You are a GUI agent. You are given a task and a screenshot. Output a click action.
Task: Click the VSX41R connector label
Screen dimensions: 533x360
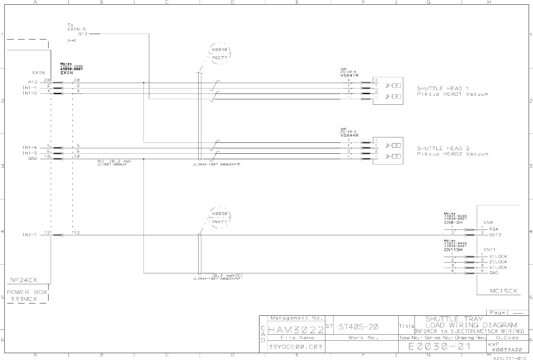click(349, 75)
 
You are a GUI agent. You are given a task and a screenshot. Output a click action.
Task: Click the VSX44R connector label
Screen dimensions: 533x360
click(349, 135)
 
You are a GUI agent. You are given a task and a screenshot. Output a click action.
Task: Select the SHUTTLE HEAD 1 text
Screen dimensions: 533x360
click(443, 88)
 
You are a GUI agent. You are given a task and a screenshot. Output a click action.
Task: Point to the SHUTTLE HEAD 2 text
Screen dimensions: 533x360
click(443, 148)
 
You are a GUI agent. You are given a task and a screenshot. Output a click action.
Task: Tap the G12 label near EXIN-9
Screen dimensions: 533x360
click(83, 34)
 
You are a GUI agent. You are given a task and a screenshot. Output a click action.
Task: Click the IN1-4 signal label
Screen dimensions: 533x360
click(30, 148)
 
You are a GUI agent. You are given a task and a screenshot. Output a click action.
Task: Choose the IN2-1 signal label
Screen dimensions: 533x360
click(30, 235)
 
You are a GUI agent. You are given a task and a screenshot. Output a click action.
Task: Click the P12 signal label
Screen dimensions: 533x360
click(33, 82)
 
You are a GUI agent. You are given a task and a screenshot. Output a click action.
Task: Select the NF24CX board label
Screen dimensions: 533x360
click(23, 280)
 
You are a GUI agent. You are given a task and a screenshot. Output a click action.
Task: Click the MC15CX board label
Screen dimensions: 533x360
click(503, 291)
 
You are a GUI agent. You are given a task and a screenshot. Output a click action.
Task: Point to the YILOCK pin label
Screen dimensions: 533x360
click(498, 256)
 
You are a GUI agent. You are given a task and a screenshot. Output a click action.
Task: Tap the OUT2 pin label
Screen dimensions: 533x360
click(495, 235)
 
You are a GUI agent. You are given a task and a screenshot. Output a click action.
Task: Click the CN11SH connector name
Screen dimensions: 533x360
click(453, 250)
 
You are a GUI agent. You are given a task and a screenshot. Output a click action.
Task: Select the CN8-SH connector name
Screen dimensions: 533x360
click(453, 222)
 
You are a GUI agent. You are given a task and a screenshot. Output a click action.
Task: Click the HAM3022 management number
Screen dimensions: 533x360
click(296, 330)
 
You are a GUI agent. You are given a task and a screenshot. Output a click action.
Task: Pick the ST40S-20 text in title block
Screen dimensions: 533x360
click(359, 327)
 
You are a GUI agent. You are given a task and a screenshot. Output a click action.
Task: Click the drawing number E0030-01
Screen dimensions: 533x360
click(440, 346)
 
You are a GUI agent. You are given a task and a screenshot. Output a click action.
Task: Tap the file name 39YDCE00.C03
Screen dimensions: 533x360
click(295, 347)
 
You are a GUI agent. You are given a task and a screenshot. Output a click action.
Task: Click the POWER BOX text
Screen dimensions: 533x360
click(27, 292)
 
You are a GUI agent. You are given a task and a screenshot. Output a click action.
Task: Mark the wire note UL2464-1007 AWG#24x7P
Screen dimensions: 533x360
click(217, 164)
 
